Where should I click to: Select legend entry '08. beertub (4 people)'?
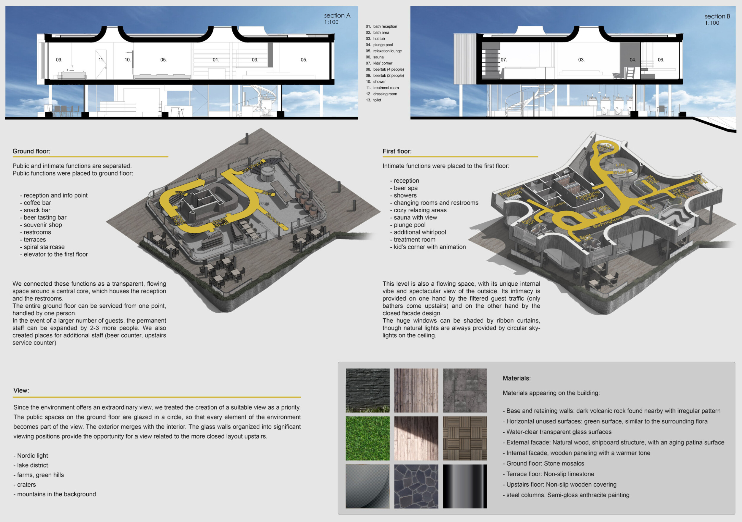[385, 69]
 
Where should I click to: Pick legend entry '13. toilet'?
[374, 100]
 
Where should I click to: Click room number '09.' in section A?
[59, 60]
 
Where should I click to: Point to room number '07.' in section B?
[504, 60]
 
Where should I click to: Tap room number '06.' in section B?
[661, 60]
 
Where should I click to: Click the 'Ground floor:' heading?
[31, 151]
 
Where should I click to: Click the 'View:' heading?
[21, 390]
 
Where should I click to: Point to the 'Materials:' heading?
[516, 378]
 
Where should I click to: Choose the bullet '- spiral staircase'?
[42, 247]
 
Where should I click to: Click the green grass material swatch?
[367, 438]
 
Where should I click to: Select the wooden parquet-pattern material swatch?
[464, 438]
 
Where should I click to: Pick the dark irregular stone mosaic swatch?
[416, 486]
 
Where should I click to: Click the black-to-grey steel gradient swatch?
[464, 486]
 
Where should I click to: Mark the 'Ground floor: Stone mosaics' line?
[543, 464]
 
